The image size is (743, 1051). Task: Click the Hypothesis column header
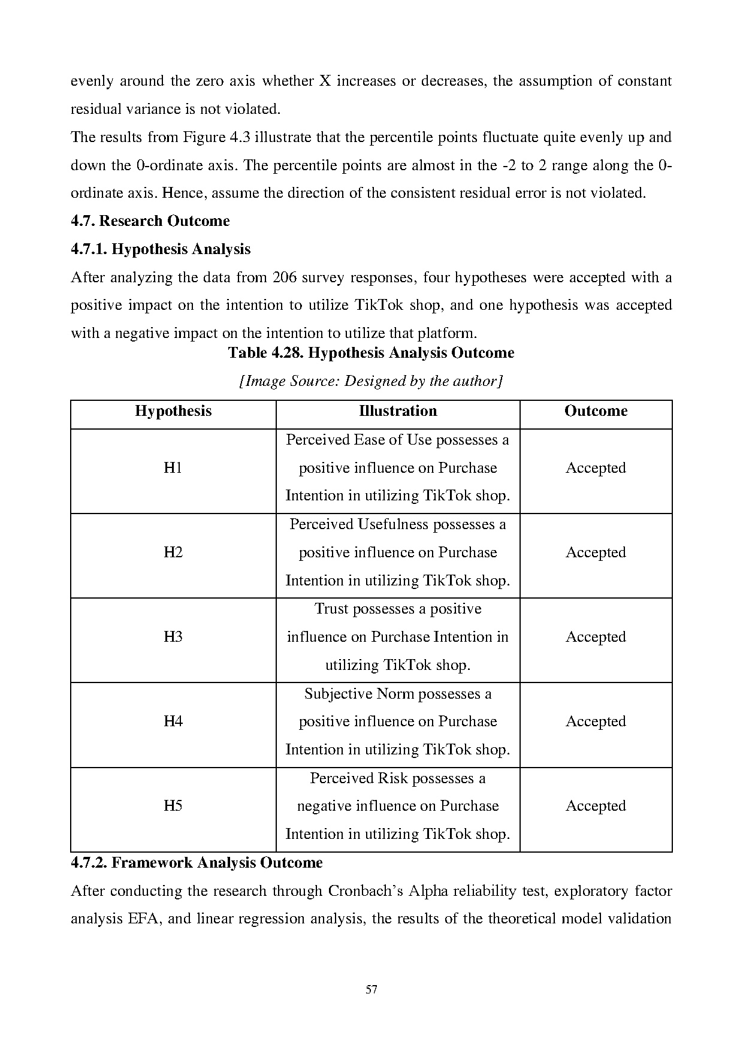click(173, 411)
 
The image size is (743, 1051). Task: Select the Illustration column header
click(398, 411)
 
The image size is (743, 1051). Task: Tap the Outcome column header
click(596, 411)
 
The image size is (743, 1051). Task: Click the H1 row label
click(173, 468)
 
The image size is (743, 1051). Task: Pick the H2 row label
click(173, 552)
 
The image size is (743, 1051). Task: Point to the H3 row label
click(173, 637)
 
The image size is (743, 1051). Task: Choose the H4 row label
click(173, 721)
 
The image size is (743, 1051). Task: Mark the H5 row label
click(173, 806)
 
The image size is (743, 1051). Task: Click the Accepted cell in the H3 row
click(596, 637)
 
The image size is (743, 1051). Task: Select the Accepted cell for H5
click(596, 806)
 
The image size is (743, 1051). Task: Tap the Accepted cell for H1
click(596, 468)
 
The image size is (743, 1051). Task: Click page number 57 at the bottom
click(371, 989)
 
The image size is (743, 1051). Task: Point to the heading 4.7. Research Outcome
click(150, 221)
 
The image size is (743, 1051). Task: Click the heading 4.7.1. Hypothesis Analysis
click(161, 249)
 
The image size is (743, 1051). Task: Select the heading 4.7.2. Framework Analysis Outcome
click(197, 863)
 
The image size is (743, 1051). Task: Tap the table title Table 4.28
click(371, 353)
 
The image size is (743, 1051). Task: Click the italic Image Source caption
click(371, 381)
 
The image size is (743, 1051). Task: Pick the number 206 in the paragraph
click(284, 277)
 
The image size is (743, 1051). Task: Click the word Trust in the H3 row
click(331, 609)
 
